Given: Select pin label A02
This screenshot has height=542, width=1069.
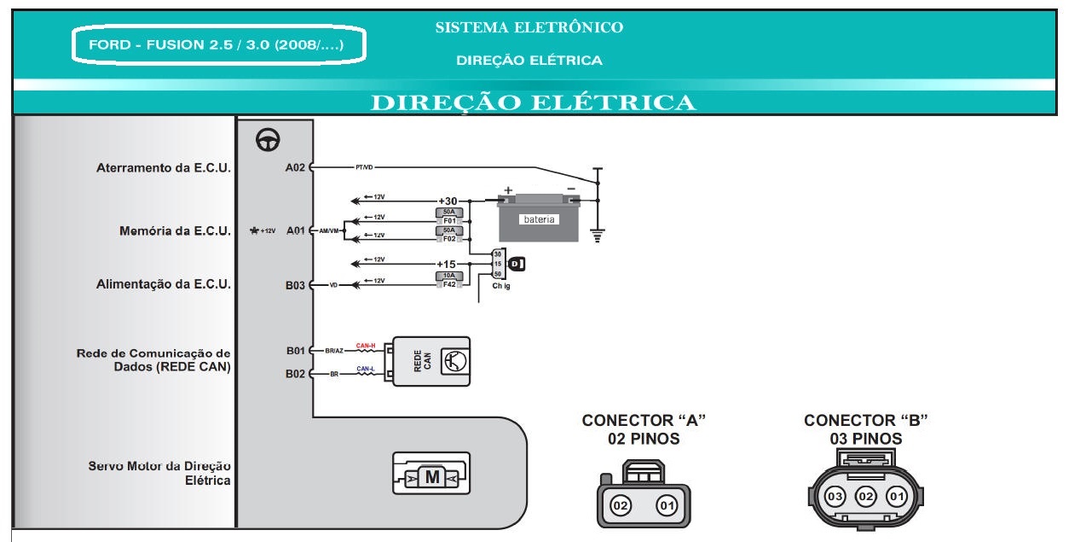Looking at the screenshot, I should pos(295,168).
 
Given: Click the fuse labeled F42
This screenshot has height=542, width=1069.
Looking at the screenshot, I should pos(449,281).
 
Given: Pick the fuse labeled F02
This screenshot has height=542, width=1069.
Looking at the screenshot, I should pos(449,235).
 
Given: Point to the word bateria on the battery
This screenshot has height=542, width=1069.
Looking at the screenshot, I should pos(539,219).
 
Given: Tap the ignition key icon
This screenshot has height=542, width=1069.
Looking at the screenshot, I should pos(516,265).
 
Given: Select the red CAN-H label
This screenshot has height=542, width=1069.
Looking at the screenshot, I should pos(366,346).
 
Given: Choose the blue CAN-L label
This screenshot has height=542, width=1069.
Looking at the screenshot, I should pos(366,369).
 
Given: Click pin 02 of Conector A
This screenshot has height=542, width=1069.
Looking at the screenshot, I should pos(621,506).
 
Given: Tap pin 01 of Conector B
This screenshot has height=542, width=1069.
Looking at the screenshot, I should pos(896,497).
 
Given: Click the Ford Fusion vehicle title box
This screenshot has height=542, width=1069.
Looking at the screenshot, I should pos(219,45).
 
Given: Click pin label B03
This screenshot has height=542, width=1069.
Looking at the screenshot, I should pos(295,285).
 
